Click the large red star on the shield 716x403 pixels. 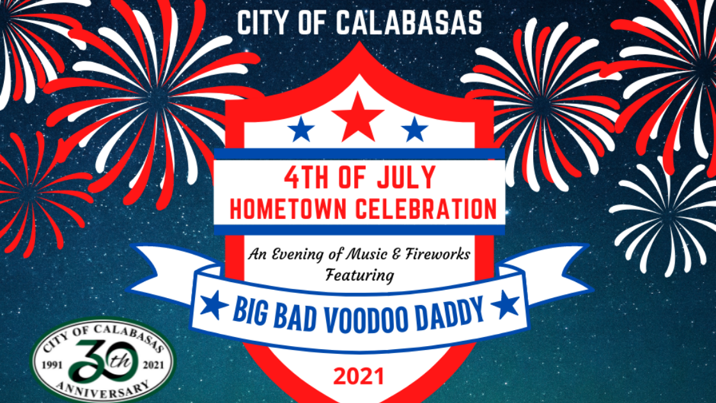click(x=358, y=118)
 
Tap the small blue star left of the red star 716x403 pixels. click(x=301, y=130)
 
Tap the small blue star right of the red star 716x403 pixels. click(x=414, y=130)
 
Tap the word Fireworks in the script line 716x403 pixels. click(x=442, y=255)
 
